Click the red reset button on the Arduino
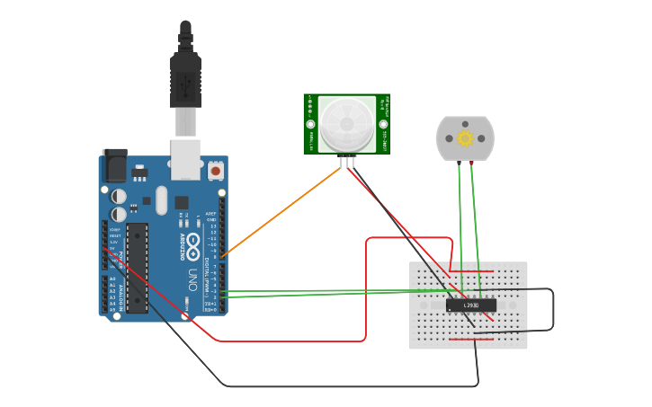click(x=216, y=170)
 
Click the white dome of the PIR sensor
click(x=346, y=123)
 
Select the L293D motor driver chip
click(x=470, y=305)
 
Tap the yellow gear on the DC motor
click(x=465, y=137)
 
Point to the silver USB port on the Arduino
click(x=186, y=155)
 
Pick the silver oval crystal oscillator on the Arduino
click(x=161, y=199)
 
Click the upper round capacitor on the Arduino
click(x=119, y=196)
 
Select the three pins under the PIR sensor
click(x=347, y=162)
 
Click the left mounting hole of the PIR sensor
click(x=310, y=124)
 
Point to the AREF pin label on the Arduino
click(x=210, y=214)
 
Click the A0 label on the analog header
click(x=112, y=279)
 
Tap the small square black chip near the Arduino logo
click(x=182, y=203)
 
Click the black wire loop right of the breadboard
click(x=551, y=310)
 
